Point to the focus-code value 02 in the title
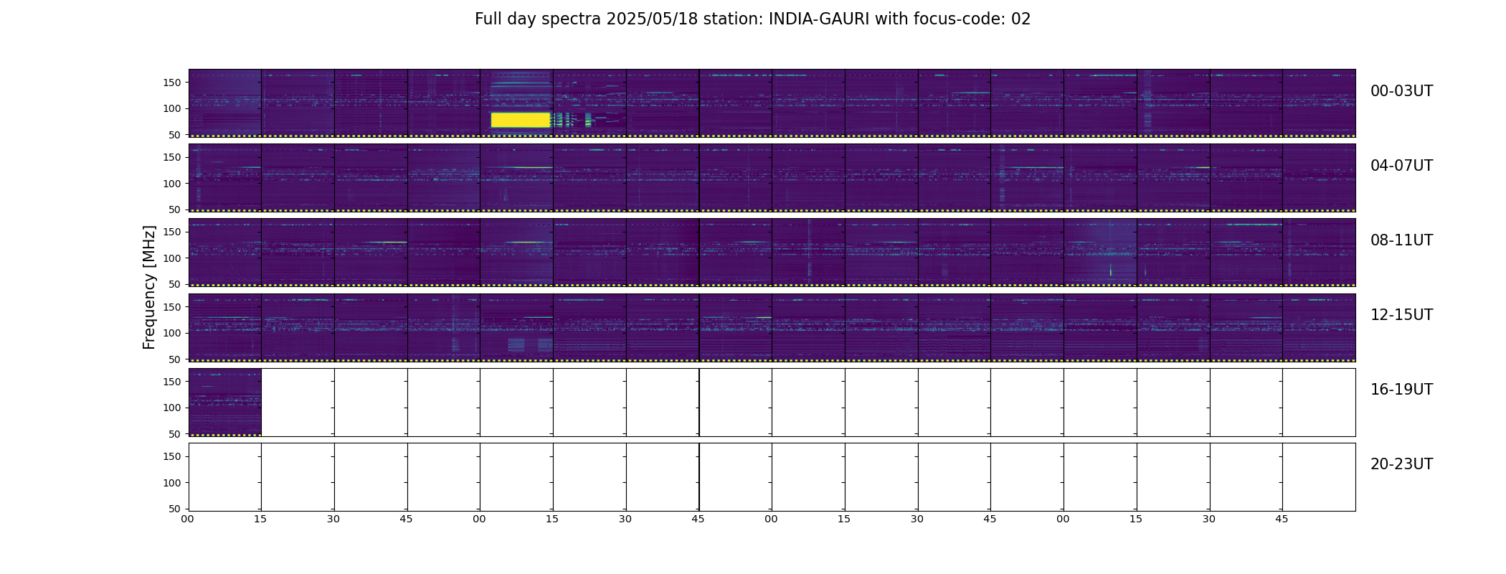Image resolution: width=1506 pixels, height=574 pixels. (x=1020, y=19)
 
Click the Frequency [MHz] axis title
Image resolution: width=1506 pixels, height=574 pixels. (x=149, y=287)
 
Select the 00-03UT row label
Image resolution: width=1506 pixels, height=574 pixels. (x=1401, y=91)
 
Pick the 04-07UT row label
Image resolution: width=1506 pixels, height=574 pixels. (x=1401, y=166)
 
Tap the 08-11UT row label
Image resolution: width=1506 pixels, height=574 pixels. (x=1401, y=240)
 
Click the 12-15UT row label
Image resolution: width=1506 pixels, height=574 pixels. (x=1401, y=315)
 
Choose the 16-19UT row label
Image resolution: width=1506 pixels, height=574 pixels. (x=1401, y=390)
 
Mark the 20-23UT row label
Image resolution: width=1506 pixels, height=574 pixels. (x=1401, y=464)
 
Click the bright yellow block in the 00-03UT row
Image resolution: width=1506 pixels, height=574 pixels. (x=521, y=120)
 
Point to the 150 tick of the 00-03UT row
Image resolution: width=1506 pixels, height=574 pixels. (x=172, y=83)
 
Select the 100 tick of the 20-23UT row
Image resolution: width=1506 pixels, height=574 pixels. (x=172, y=483)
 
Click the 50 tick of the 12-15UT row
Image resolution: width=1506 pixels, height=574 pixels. (x=175, y=359)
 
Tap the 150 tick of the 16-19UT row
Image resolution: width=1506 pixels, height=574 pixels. (x=172, y=382)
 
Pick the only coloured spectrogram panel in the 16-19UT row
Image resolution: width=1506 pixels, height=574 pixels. (x=225, y=403)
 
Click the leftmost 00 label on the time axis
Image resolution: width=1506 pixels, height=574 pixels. (x=187, y=519)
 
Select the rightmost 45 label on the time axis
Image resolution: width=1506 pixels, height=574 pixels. (x=1282, y=519)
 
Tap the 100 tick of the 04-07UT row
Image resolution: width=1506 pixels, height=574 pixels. (x=172, y=184)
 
